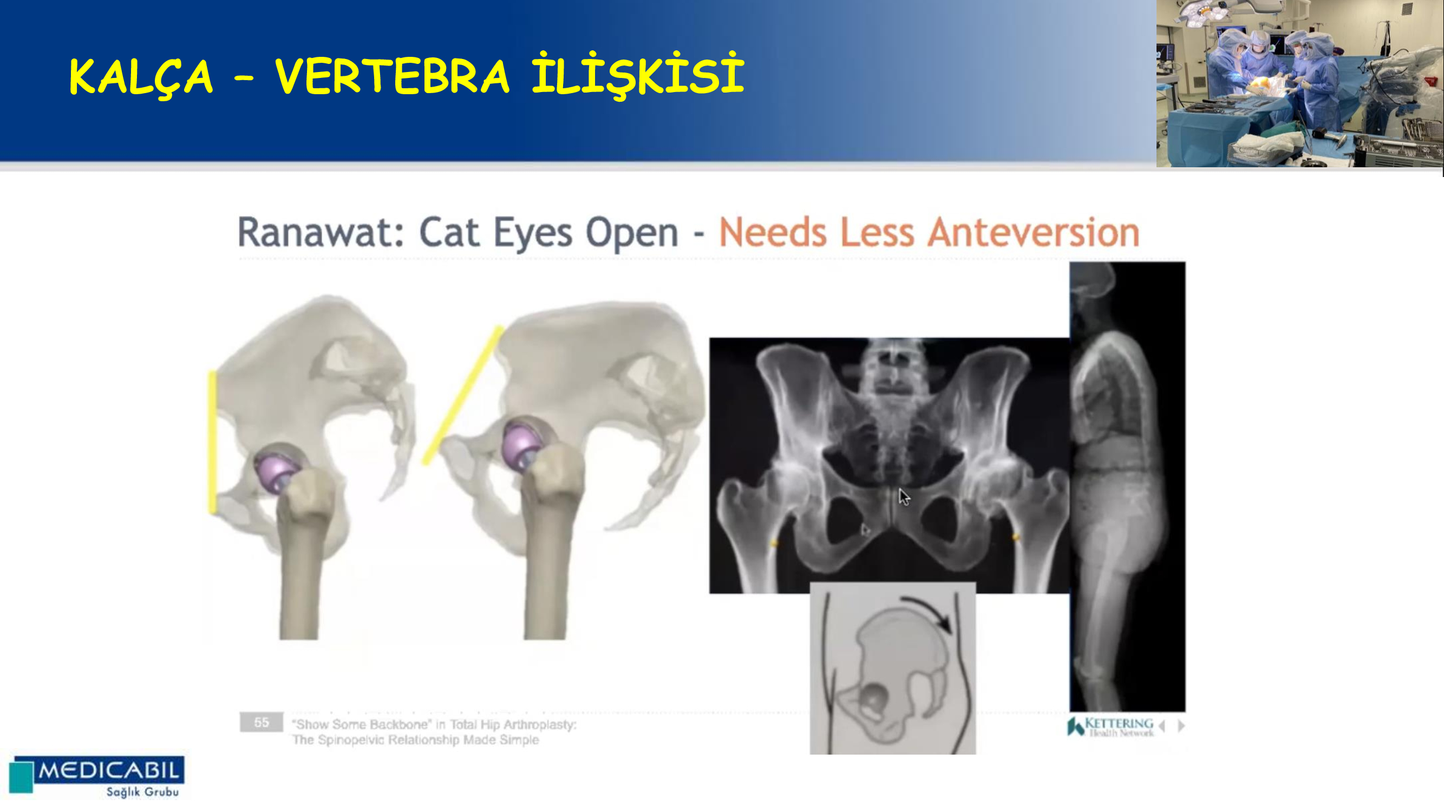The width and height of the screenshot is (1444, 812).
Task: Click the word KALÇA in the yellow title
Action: [141, 77]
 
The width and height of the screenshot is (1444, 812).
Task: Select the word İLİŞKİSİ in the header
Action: [638, 75]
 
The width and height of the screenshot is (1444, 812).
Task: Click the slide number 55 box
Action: [261, 722]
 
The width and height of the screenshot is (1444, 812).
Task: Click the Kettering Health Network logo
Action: [1110, 726]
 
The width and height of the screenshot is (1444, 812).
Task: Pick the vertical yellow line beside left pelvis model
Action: [212, 442]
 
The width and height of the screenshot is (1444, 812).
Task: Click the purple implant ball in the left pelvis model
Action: [277, 471]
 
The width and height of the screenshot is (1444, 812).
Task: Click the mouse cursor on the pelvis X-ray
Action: [904, 497]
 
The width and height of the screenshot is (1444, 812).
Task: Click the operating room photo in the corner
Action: [1299, 83]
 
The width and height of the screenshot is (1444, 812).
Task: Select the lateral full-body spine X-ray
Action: [1127, 487]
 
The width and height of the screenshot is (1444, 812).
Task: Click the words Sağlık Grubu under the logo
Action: [142, 792]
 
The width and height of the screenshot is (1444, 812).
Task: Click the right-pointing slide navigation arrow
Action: [1181, 726]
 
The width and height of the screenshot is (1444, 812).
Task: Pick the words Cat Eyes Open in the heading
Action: [549, 232]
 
